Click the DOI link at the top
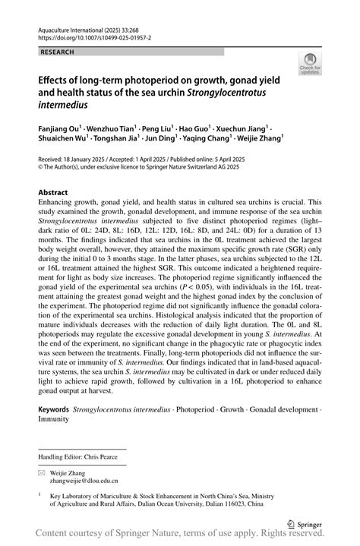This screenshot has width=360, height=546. (x=90, y=36)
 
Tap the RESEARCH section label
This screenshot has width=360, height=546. (x=57, y=52)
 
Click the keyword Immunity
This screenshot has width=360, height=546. (x=54, y=418)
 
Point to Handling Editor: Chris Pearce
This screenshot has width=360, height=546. (x=82, y=457)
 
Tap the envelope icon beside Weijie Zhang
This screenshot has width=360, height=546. (x=42, y=472)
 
